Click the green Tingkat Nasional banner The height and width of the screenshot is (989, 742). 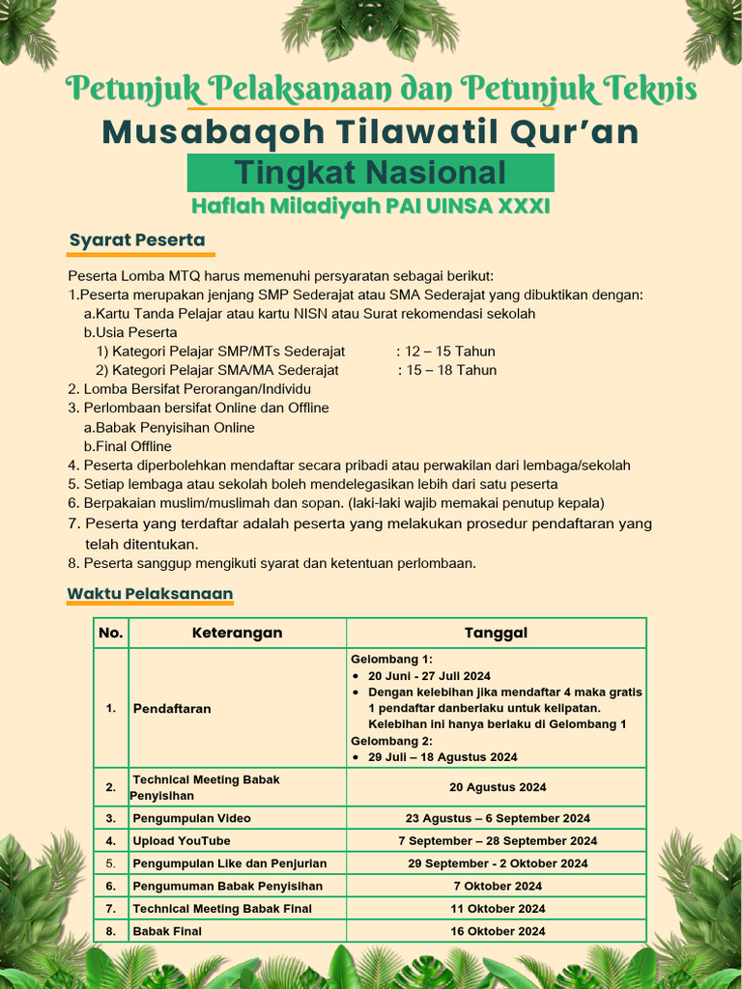(x=370, y=173)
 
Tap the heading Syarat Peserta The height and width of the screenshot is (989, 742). (x=136, y=240)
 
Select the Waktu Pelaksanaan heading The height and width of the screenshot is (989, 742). (x=150, y=592)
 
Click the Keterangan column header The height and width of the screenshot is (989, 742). (x=237, y=633)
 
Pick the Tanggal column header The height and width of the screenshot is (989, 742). (x=496, y=633)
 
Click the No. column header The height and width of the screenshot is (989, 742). (x=111, y=633)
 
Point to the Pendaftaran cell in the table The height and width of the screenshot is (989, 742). (x=172, y=708)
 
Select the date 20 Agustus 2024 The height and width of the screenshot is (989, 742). (x=497, y=787)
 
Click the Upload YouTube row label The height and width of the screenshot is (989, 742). (x=182, y=840)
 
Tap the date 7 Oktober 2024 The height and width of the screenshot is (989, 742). (x=497, y=886)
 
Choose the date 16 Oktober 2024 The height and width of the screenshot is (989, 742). (x=497, y=931)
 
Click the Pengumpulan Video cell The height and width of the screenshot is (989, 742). (x=191, y=818)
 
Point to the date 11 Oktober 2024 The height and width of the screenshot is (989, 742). (x=497, y=908)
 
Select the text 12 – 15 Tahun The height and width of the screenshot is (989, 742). (x=450, y=351)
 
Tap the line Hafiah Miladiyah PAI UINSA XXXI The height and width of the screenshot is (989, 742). (x=370, y=207)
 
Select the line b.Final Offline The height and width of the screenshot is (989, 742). (x=128, y=446)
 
